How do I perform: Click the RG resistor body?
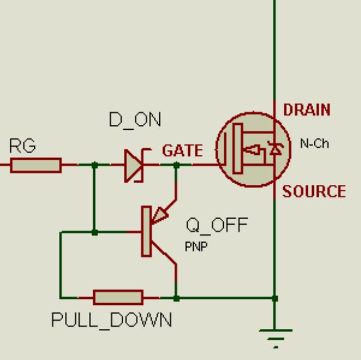(x=36, y=165)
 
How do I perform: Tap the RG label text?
(x=22, y=146)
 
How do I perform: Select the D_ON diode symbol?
(x=134, y=166)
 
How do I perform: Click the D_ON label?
(x=135, y=119)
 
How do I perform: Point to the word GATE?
(x=182, y=151)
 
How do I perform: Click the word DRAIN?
(x=307, y=110)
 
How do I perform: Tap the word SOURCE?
(x=314, y=192)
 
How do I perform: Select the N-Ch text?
(x=314, y=144)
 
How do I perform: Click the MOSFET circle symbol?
(x=253, y=149)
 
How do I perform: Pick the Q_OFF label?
(x=217, y=226)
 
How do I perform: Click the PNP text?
(x=196, y=247)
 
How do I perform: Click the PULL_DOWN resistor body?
(x=118, y=297)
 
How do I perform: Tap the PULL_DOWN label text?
(x=112, y=320)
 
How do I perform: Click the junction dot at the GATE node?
(x=176, y=165)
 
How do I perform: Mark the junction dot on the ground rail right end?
(x=275, y=298)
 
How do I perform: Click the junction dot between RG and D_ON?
(x=95, y=165)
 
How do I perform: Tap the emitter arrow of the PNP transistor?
(x=160, y=215)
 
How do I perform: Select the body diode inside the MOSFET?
(x=276, y=150)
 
